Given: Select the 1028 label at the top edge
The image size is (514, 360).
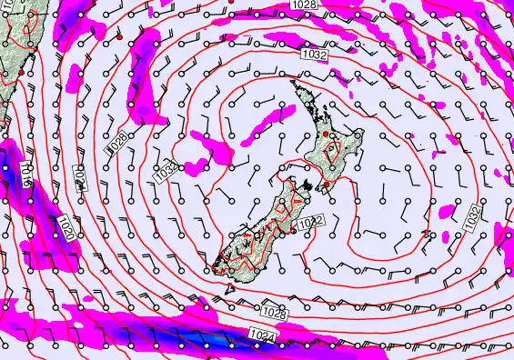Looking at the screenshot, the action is coord(306,5).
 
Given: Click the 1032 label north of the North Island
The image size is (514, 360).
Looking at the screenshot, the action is coord(314,55).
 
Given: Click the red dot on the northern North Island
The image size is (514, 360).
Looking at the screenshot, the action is coord(326,135).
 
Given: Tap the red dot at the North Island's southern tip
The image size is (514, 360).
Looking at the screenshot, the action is coord(328,185).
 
